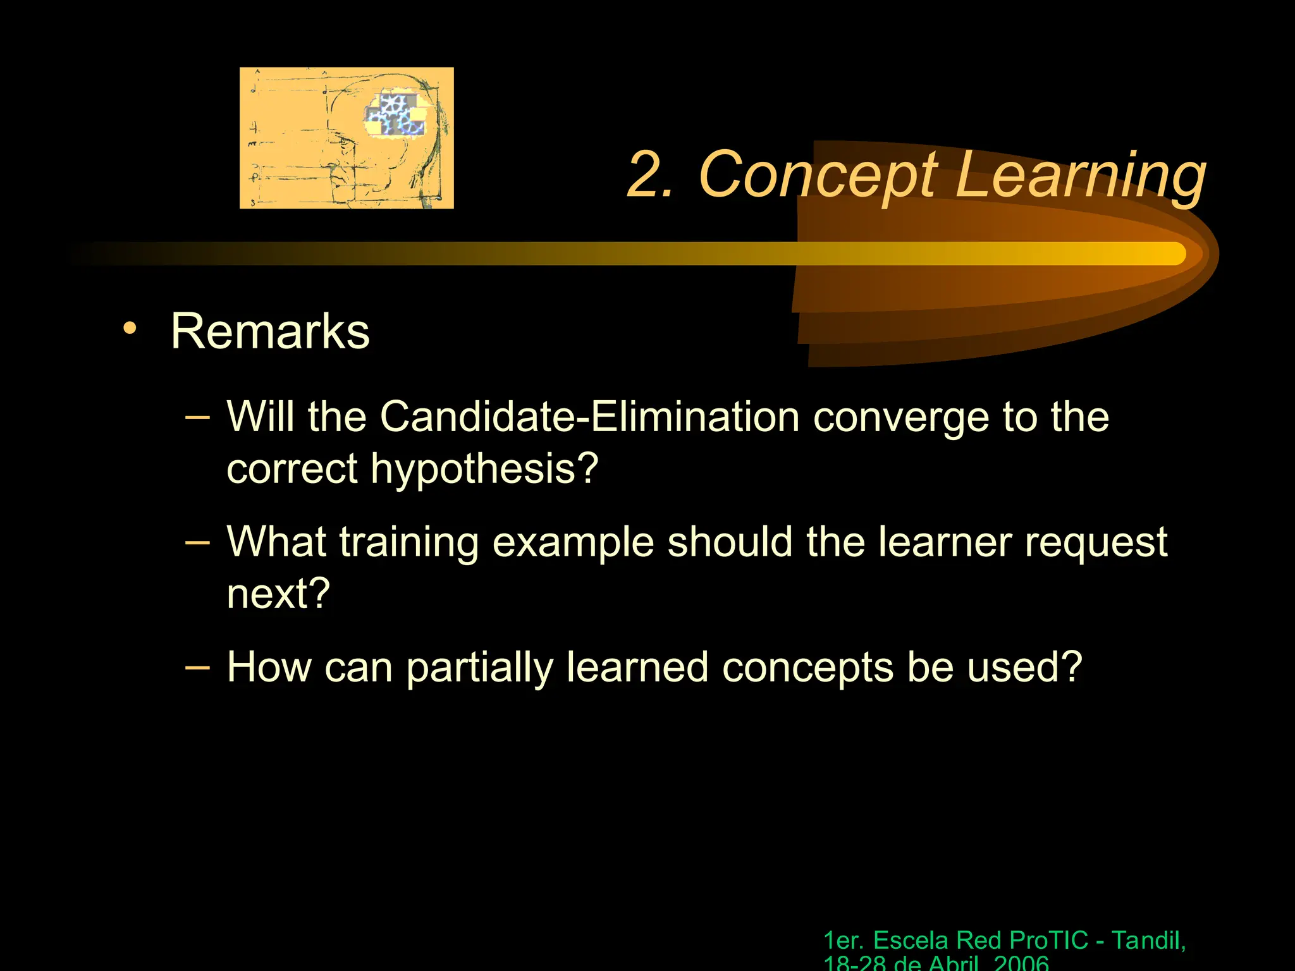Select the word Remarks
[x=270, y=332]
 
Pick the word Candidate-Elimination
[x=589, y=417]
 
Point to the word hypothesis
[x=484, y=469]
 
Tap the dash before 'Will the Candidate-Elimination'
[x=197, y=418]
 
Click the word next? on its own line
[x=278, y=594]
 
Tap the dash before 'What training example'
[x=197, y=542]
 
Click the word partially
[x=479, y=668]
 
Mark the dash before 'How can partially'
[x=197, y=667]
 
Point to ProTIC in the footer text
[x=1048, y=941]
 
